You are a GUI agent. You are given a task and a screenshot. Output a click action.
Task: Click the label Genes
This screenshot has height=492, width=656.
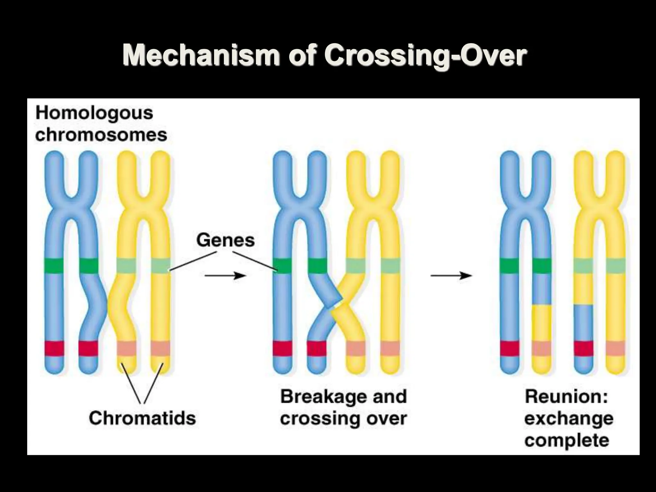coord(225,240)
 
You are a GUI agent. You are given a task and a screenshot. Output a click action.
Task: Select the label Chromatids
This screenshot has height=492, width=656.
coord(142,418)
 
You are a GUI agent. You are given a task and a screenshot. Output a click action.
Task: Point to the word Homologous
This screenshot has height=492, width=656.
coord(94,113)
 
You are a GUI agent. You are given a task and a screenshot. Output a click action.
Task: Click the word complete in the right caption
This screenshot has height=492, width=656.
coord(567,440)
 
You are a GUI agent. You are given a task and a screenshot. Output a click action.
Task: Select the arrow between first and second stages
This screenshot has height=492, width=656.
coord(225,275)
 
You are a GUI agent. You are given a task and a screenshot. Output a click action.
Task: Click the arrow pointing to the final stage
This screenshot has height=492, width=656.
coord(451,275)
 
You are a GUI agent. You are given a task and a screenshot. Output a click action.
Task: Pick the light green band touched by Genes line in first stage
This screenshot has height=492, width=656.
coord(160,266)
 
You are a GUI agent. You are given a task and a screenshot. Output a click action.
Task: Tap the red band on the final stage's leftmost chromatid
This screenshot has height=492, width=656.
coord(510,348)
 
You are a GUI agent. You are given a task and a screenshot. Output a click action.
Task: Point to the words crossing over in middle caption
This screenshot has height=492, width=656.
coord(343,419)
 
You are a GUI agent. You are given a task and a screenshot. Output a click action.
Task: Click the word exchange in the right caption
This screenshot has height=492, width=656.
coord(569,419)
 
